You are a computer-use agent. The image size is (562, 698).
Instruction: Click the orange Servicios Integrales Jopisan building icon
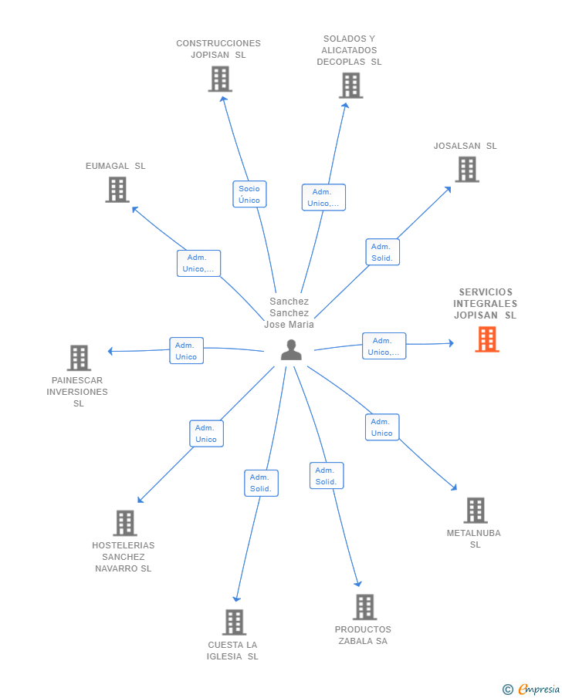[487, 339]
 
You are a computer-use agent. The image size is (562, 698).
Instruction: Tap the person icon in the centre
[291, 350]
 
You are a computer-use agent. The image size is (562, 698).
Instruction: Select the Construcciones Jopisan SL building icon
[220, 79]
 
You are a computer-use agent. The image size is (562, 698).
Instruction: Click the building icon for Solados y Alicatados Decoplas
[350, 86]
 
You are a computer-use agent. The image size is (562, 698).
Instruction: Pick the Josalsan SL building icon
[467, 170]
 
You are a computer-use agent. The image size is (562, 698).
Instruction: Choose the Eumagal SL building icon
[117, 190]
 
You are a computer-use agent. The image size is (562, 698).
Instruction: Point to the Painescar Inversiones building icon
[79, 358]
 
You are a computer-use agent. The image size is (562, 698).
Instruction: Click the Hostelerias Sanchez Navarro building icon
[124, 523]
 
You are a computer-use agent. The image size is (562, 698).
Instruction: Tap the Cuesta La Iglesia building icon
[234, 622]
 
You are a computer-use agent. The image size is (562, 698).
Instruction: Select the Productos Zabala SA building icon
[364, 607]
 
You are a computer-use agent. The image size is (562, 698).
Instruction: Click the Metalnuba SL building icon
[476, 511]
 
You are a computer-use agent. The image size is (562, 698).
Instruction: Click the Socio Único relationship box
[249, 194]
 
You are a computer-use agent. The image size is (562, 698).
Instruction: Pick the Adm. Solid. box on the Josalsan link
[382, 252]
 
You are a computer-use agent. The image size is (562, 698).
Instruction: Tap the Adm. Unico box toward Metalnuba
[382, 427]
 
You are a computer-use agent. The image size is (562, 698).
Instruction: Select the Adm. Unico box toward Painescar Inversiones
[186, 351]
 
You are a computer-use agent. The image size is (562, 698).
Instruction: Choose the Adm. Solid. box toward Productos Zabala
[327, 476]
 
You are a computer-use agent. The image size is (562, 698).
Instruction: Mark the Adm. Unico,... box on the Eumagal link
[198, 264]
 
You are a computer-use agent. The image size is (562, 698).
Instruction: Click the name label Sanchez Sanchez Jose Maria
[289, 313]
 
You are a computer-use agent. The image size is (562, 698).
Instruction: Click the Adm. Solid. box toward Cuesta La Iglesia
[261, 483]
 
